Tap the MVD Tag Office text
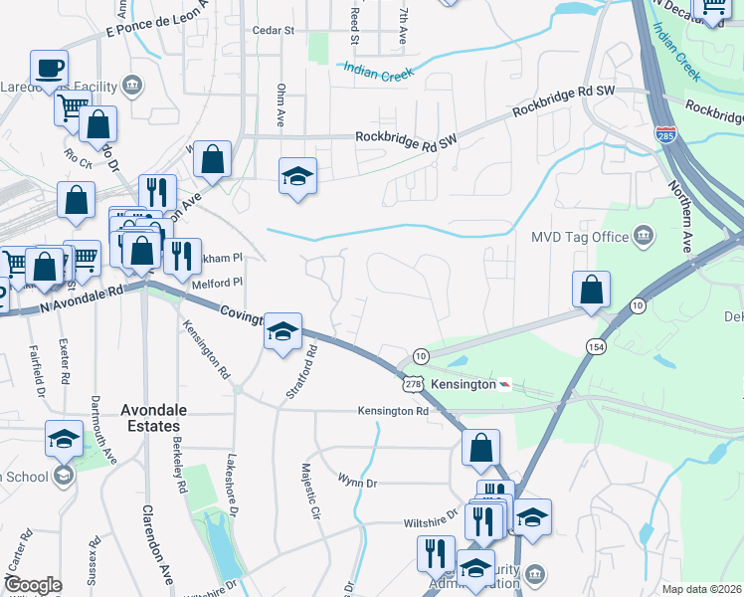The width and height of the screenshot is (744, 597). (594, 237)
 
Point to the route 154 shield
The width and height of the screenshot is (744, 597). (596, 345)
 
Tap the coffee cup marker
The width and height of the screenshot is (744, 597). (49, 69)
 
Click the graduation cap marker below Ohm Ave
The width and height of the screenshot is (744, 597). (297, 175)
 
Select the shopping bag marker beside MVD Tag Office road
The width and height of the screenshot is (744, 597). (591, 290)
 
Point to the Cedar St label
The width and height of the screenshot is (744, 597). (276, 31)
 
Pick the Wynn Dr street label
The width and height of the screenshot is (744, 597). (358, 483)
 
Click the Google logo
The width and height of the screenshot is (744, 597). (33, 585)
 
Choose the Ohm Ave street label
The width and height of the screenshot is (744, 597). (281, 105)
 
